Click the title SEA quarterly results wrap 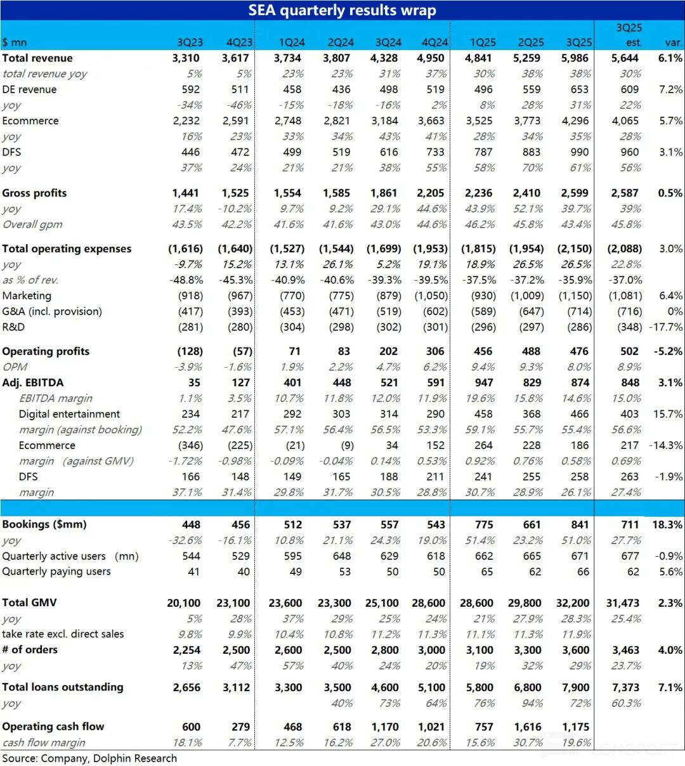click(342, 10)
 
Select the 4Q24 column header click(434, 42)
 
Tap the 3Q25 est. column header click(629, 36)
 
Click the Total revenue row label click(37, 58)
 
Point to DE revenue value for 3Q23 click(190, 89)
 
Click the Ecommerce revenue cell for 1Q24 click(289, 120)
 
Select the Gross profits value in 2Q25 click(530, 193)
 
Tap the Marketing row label click(27, 295)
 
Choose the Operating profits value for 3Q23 click(190, 351)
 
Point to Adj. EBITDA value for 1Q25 click(483, 382)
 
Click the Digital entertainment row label click(69, 414)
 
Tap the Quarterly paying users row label click(56, 571)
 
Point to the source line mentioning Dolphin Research click(89, 758)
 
